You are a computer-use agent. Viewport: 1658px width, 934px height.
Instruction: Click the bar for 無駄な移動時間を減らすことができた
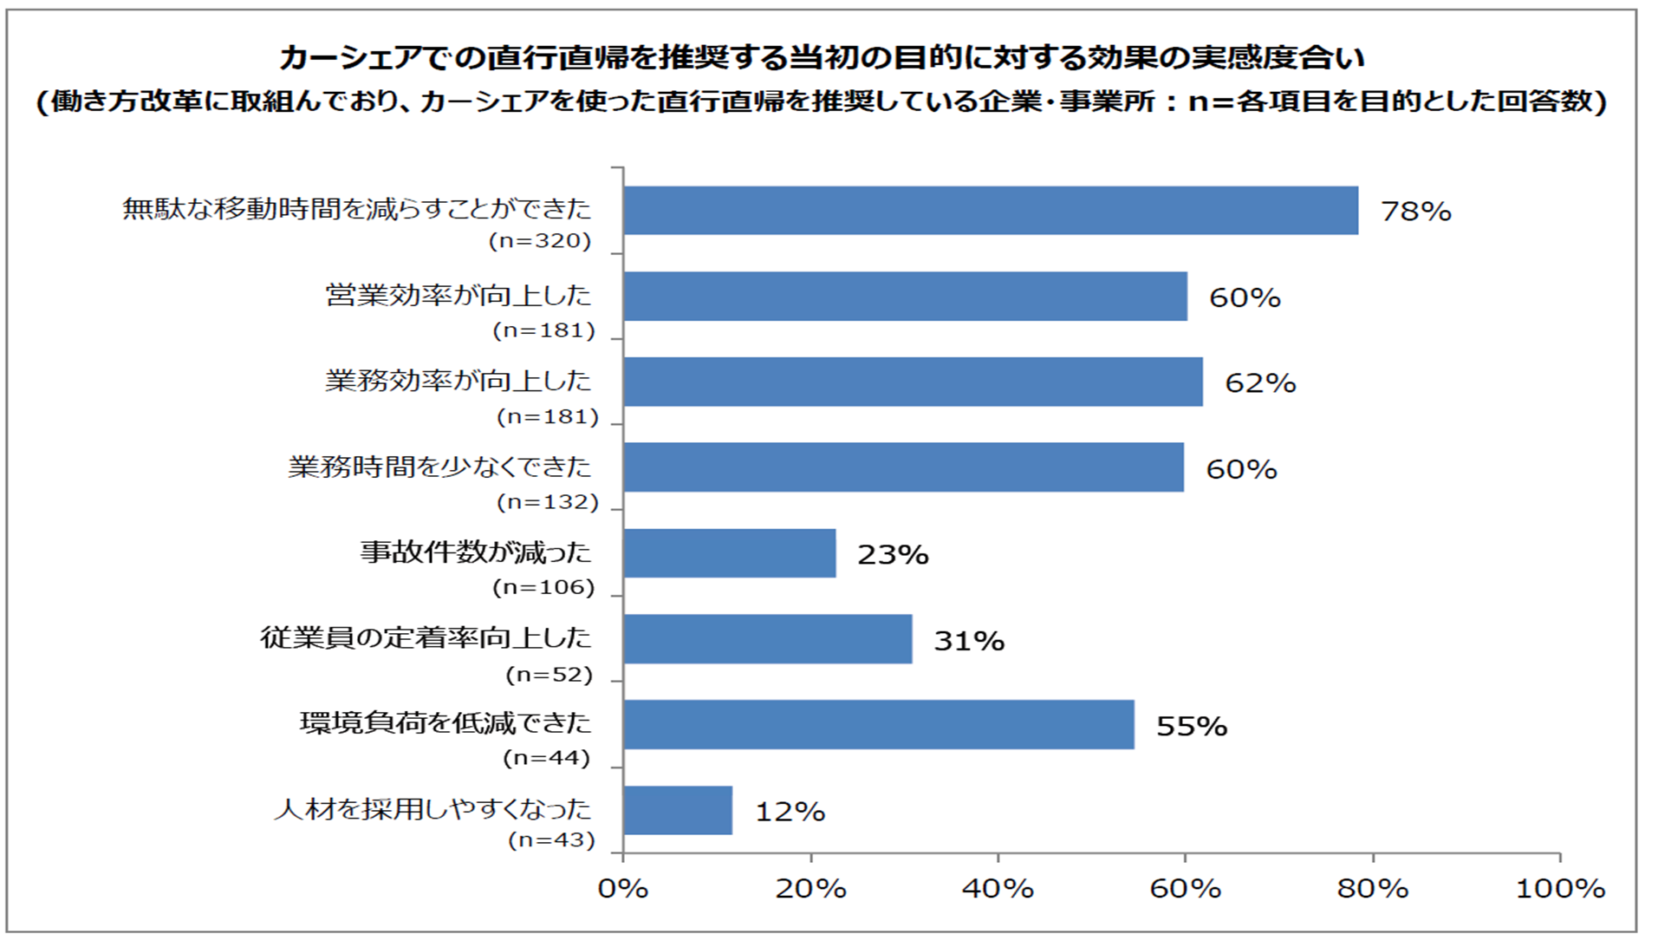990,210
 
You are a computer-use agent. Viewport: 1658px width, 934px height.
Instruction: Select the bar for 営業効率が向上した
905,296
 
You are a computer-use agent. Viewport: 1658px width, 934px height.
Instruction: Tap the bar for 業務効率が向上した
913,382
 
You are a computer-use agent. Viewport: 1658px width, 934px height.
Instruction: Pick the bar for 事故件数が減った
729,553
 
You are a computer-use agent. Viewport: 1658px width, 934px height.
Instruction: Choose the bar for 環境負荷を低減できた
878,724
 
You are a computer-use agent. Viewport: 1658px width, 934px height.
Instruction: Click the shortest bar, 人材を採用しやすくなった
677,810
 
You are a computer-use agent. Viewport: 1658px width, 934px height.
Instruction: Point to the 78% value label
1415,211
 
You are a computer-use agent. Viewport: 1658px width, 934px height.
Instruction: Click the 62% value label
1259,382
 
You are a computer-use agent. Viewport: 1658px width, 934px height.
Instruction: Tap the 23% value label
892,554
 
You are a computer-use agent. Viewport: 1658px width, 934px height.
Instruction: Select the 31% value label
968,640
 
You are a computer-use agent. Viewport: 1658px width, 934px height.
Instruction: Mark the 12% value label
790,812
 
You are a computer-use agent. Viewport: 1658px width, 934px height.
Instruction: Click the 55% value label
1191,726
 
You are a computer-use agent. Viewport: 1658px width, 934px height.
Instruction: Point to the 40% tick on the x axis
998,888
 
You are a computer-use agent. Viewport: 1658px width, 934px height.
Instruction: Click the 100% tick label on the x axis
1560,888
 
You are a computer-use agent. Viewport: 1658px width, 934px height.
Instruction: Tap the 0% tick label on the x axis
623,888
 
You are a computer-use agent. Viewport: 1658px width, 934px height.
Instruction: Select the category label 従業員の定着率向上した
426,637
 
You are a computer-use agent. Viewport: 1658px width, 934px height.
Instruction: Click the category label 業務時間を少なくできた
439,467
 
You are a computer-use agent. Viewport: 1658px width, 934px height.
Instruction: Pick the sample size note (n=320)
540,241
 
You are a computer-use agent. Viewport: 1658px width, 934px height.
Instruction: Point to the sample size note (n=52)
549,674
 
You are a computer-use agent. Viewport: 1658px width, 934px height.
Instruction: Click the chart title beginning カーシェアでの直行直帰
821,58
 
